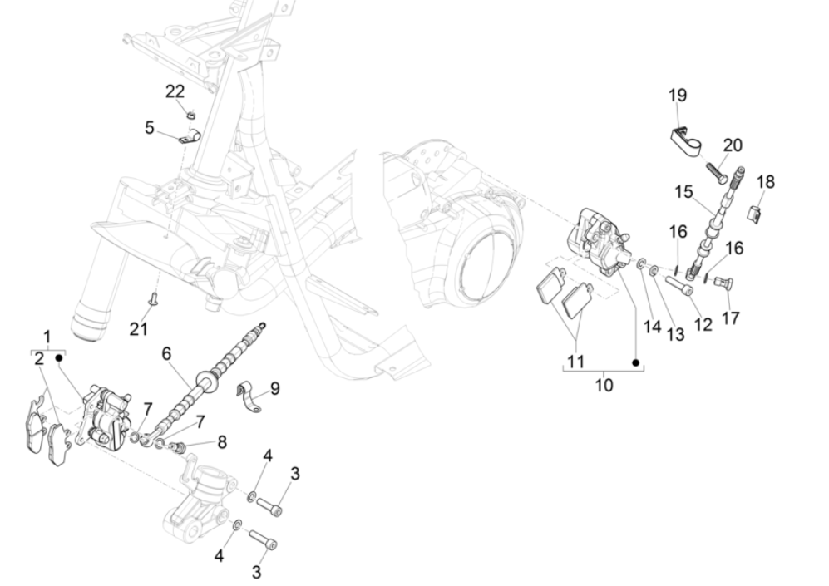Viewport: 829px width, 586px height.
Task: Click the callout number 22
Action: [175, 91]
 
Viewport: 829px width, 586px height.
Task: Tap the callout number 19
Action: [677, 96]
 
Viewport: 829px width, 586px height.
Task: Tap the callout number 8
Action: [221, 442]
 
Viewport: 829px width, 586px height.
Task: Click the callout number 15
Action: [683, 192]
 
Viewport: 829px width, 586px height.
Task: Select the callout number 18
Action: [765, 181]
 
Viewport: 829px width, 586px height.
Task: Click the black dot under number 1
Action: [60, 357]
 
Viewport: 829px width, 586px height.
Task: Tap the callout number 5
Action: [149, 128]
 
